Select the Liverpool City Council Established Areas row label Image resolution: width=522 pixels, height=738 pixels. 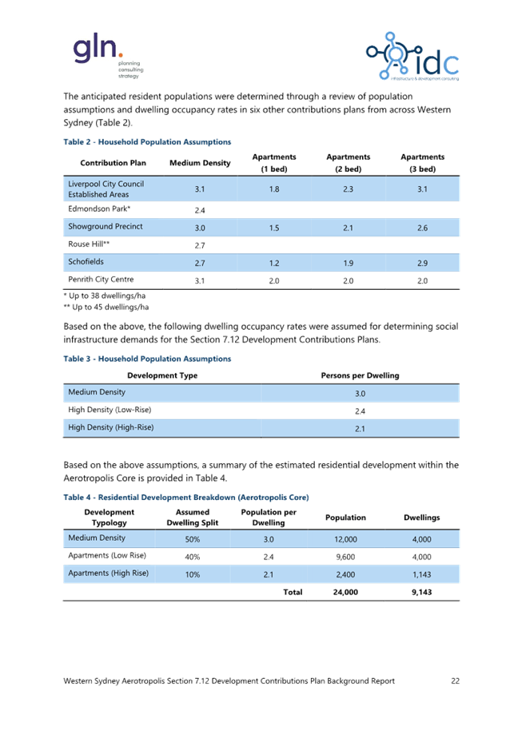coord(106,189)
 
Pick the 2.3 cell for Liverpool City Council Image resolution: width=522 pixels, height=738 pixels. coord(347,189)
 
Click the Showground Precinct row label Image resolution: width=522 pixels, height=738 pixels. coord(106,227)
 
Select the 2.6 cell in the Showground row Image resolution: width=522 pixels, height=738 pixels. coord(421,228)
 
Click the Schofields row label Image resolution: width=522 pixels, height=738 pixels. coord(86,262)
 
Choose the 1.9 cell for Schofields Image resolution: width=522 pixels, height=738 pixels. coord(347,262)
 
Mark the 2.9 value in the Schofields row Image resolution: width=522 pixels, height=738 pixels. coord(421,262)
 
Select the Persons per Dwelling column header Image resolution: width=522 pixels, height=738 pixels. coord(360,375)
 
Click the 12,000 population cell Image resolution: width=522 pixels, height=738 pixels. coord(345,539)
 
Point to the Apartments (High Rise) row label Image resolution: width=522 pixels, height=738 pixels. coord(108,573)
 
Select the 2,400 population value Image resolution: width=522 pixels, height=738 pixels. coord(345,574)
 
